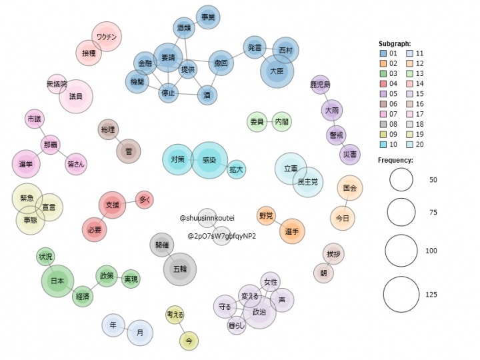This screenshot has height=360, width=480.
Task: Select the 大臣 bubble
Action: click(x=277, y=70)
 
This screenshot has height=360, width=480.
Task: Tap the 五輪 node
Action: click(x=179, y=269)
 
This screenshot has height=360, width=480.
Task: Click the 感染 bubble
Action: click(x=209, y=160)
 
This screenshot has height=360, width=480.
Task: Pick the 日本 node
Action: click(x=57, y=281)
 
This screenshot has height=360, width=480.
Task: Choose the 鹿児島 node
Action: click(x=321, y=85)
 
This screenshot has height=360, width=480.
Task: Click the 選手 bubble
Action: click(x=291, y=231)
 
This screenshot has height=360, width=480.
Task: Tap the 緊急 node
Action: click(x=28, y=198)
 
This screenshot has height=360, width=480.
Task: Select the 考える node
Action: click(x=175, y=314)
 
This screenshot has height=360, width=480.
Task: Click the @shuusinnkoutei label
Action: click(x=207, y=218)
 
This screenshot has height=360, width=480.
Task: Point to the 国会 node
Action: click(x=349, y=189)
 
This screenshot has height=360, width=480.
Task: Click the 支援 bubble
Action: click(x=113, y=205)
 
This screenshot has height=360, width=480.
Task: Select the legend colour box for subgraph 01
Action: click(x=383, y=53)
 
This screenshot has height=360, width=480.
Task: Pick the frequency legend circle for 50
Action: click(x=402, y=180)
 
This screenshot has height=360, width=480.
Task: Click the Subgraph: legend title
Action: click(x=395, y=43)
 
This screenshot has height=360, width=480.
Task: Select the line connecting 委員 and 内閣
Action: click(x=269, y=122)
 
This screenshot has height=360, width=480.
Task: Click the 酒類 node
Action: click(x=184, y=28)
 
